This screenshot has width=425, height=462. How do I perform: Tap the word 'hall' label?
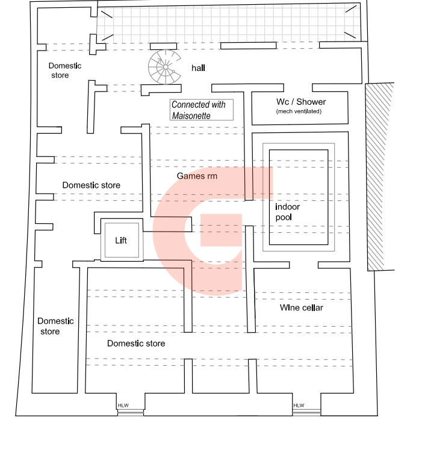click(x=199, y=68)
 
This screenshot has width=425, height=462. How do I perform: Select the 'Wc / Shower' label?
click(x=301, y=102)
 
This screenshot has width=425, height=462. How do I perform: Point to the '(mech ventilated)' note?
click(x=299, y=111)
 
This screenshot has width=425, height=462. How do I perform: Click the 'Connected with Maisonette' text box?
click(x=201, y=110)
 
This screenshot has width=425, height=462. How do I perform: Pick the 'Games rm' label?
click(x=197, y=176)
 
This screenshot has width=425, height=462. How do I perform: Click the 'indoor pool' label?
click(x=288, y=212)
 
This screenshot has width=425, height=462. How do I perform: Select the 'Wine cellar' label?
click(x=302, y=308)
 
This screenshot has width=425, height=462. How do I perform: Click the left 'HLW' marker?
click(x=123, y=405)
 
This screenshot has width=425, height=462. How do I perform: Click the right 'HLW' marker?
click(x=299, y=405)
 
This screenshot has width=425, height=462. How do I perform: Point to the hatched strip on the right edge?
click(x=379, y=176)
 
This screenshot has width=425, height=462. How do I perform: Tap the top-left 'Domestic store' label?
click(x=64, y=70)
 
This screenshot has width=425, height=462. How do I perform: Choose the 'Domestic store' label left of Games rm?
click(x=91, y=185)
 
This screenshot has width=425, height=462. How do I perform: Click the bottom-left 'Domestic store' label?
click(x=55, y=326)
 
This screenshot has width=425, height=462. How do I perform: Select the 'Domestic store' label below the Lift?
click(x=136, y=343)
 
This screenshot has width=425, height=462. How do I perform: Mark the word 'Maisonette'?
click(x=191, y=115)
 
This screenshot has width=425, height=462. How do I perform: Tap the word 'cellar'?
click(x=311, y=308)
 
